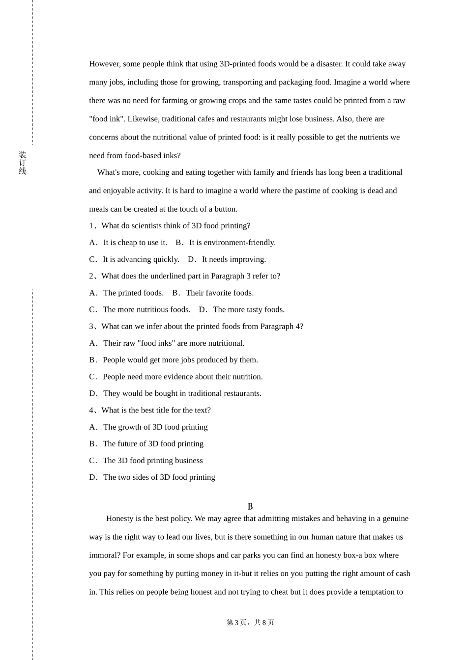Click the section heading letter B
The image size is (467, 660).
(250, 506)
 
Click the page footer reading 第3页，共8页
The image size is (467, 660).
(250, 623)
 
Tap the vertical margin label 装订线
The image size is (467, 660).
(23, 163)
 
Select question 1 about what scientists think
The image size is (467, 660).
(170, 226)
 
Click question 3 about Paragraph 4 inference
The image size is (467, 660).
(196, 327)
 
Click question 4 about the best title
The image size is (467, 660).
(150, 410)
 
